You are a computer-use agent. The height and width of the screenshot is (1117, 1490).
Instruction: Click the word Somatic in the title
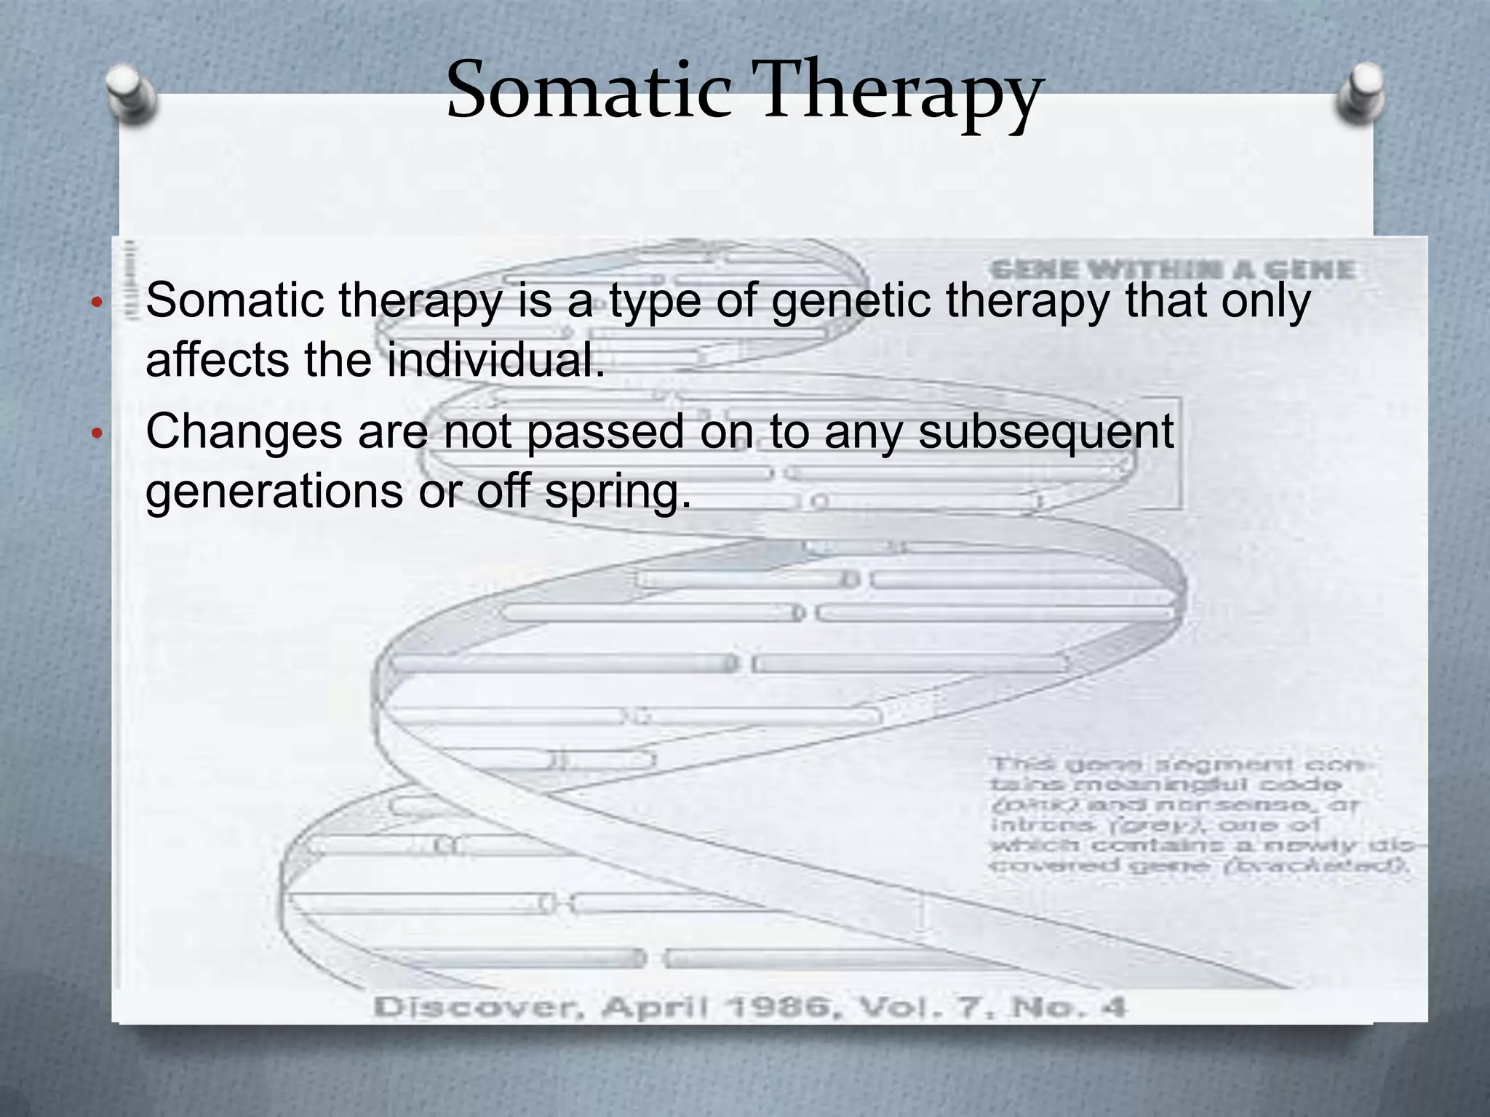(x=588, y=91)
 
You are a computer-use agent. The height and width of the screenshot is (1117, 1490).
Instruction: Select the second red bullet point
(x=95, y=434)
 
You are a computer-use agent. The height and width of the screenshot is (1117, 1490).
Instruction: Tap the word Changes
(x=244, y=431)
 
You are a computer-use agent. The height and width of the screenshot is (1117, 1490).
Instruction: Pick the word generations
(x=274, y=492)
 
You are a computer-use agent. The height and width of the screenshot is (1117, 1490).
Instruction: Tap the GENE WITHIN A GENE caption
(x=1172, y=271)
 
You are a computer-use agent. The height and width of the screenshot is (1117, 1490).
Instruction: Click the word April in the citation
(x=654, y=1008)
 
